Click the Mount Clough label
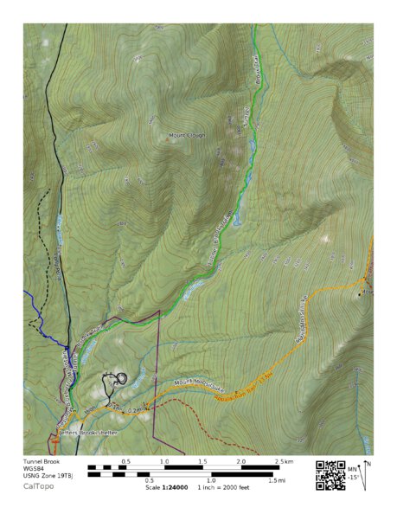(x=188, y=136)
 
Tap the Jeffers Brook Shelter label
(x=87, y=432)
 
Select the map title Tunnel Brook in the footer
(x=42, y=462)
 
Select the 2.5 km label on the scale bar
(x=282, y=462)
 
